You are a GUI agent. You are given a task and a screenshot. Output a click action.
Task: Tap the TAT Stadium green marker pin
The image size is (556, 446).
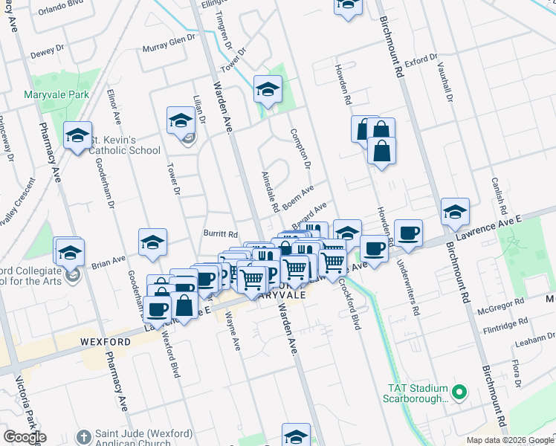[x=459, y=390]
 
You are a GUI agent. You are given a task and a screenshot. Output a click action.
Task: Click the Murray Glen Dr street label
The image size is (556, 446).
[x=169, y=50]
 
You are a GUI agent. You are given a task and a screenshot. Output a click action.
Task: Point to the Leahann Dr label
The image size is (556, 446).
[x=524, y=336]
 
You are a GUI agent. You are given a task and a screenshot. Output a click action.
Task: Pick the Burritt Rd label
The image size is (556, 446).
[x=220, y=233]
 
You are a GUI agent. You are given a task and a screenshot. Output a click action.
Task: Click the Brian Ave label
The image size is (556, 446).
[x=109, y=262]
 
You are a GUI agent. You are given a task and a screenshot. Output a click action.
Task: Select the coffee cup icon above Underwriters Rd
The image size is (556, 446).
[x=407, y=233]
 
